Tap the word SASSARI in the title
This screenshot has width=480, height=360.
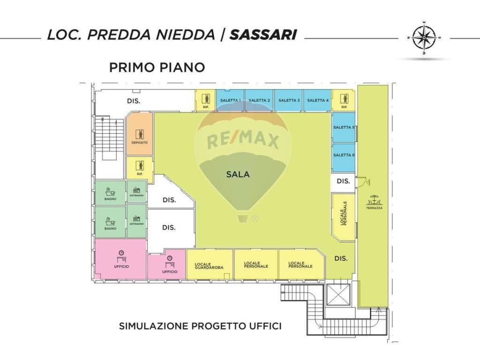tap(262, 35)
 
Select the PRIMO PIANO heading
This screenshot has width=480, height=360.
tap(157, 67)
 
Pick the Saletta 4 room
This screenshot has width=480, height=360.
tap(317, 100)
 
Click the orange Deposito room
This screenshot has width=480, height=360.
tap(139, 134)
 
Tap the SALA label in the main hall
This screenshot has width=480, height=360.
tap(238, 174)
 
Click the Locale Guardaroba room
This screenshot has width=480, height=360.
tap(210, 265)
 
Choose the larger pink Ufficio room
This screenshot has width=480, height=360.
tap(121, 259)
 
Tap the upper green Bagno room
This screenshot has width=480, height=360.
tap(111, 193)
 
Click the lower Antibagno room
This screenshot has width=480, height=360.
tap(136, 220)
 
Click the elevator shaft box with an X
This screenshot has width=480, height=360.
tap(338, 294)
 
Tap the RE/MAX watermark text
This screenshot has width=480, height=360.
tap(243, 140)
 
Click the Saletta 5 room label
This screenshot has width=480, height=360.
tap(343, 127)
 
